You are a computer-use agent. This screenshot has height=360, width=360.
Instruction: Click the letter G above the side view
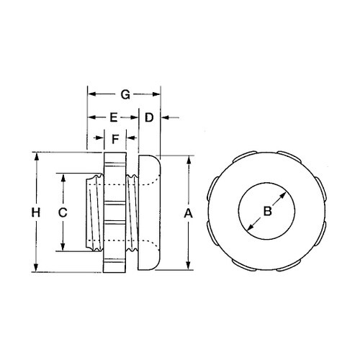(124, 94)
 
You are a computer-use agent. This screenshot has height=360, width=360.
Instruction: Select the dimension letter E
(114, 117)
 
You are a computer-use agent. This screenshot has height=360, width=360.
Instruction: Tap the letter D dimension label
(149, 117)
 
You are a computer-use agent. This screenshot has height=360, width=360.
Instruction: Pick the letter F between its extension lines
(115, 137)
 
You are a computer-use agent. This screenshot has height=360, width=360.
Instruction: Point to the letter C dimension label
(63, 212)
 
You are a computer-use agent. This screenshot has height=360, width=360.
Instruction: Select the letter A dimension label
(189, 213)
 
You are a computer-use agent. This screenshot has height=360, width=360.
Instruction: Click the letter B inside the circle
(267, 211)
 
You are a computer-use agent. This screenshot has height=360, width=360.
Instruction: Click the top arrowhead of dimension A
(189, 160)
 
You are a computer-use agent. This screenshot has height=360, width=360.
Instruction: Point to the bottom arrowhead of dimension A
(189, 266)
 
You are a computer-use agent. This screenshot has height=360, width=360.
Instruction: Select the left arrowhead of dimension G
(91, 94)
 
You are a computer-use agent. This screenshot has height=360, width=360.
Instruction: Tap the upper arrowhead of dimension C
(63, 176)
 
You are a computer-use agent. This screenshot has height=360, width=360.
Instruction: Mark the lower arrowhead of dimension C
(63, 247)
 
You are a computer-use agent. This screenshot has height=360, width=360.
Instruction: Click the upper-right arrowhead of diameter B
(286, 192)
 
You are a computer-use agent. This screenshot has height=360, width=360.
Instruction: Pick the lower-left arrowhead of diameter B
(249, 230)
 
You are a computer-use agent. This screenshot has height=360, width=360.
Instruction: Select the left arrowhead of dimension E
(91, 117)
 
